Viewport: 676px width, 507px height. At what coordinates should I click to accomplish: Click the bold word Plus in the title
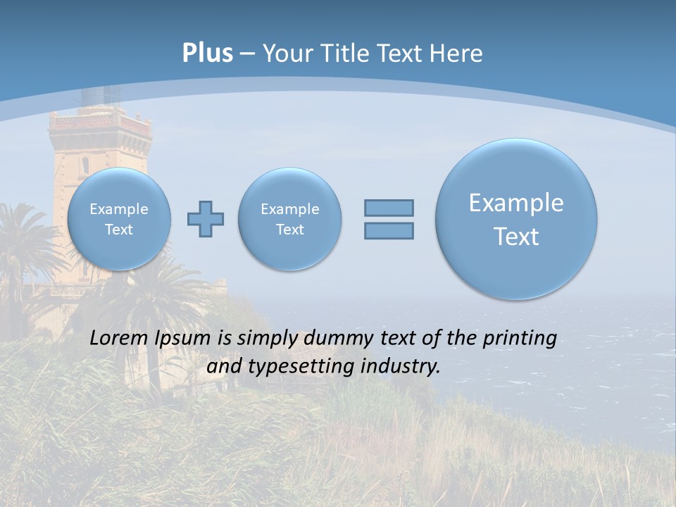207,54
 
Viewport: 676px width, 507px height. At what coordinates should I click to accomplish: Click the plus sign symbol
206,219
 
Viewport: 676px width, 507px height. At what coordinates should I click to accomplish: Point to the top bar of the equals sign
389,208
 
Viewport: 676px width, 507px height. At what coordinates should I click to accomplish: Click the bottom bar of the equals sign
389,231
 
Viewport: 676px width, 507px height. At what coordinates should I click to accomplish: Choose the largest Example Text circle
516,219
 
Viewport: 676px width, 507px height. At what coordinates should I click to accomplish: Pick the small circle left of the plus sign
119,219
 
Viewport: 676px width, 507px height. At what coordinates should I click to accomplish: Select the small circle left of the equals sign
289,219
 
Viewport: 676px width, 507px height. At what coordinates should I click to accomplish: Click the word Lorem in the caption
115,339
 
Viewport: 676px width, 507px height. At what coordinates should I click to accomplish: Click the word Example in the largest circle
516,203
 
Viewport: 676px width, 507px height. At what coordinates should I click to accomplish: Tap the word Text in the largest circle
516,237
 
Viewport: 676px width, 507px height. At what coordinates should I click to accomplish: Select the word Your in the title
288,54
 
